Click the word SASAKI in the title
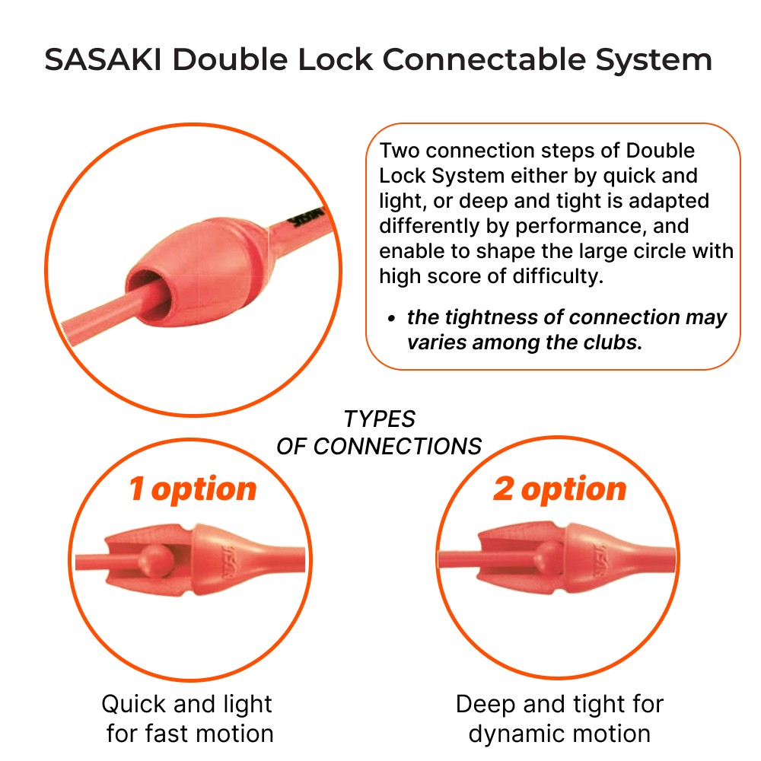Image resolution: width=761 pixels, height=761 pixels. point(103,59)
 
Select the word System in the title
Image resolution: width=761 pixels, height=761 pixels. point(654,61)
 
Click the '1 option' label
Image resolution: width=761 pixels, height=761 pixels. point(193,489)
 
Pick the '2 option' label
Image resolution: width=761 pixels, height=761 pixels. point(560,489)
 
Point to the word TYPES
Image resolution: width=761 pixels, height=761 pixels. point(380,419)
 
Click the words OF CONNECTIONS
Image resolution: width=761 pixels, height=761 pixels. point(379,446)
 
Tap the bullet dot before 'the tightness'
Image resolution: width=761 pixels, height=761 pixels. point(392,319)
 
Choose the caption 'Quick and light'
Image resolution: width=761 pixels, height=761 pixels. point(187,704)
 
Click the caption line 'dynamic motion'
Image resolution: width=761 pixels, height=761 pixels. point(559,734)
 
